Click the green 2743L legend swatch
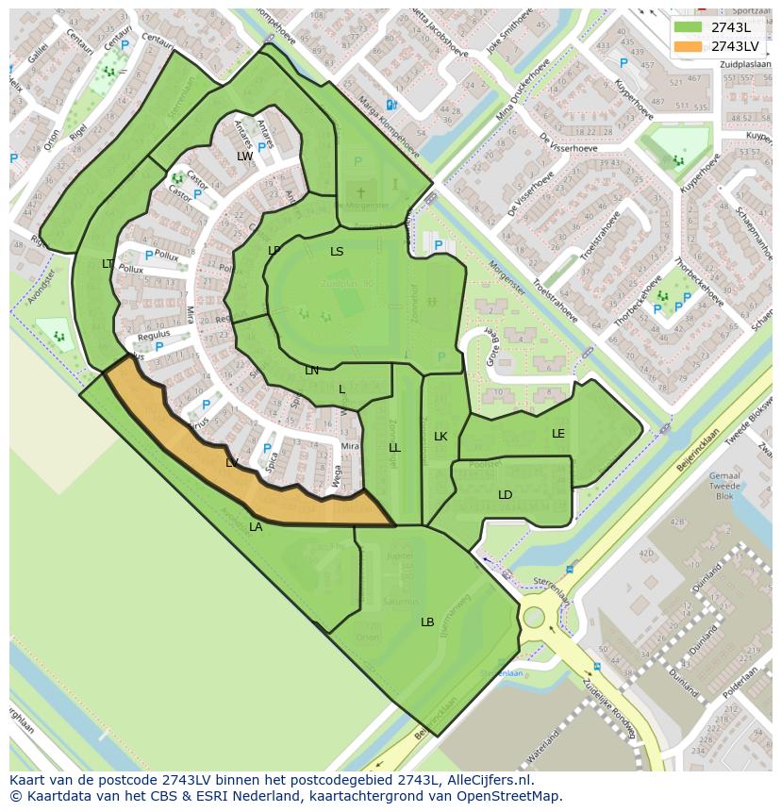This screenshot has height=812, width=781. tap(689, 27)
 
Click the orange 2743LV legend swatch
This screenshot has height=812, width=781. tap(689, 46)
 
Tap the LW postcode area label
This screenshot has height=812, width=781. tap(245, 156)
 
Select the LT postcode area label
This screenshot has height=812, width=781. tap(108, 264)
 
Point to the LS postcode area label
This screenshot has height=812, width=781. tap(337, 252)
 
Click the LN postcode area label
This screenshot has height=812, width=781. tap(312, 371)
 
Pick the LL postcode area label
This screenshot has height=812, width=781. tap(394, 448)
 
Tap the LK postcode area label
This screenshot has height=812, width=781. tap(440, 437)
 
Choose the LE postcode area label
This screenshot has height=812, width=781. tap(558, 434)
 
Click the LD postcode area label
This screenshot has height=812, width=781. tap(506, 495)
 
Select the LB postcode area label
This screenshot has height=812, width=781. tap(427, 622)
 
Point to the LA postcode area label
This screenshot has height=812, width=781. tap(256, 527)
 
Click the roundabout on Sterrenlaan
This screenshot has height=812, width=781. tap(534, 618)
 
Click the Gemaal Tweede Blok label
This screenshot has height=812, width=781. tap(723, 486)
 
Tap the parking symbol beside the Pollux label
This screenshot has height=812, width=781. tap(148, 256)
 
